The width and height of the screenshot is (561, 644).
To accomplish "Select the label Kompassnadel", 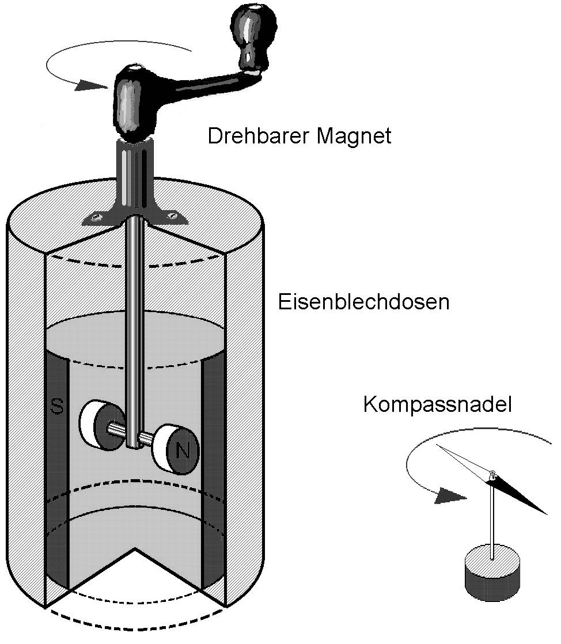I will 437,404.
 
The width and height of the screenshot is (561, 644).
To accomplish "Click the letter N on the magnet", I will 184,450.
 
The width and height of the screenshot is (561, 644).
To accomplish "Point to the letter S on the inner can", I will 56,407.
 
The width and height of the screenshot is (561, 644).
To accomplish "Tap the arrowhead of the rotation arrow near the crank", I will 92,85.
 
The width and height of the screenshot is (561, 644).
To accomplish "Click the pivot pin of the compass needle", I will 492,475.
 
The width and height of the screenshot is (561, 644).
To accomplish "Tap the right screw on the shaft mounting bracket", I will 171,216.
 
